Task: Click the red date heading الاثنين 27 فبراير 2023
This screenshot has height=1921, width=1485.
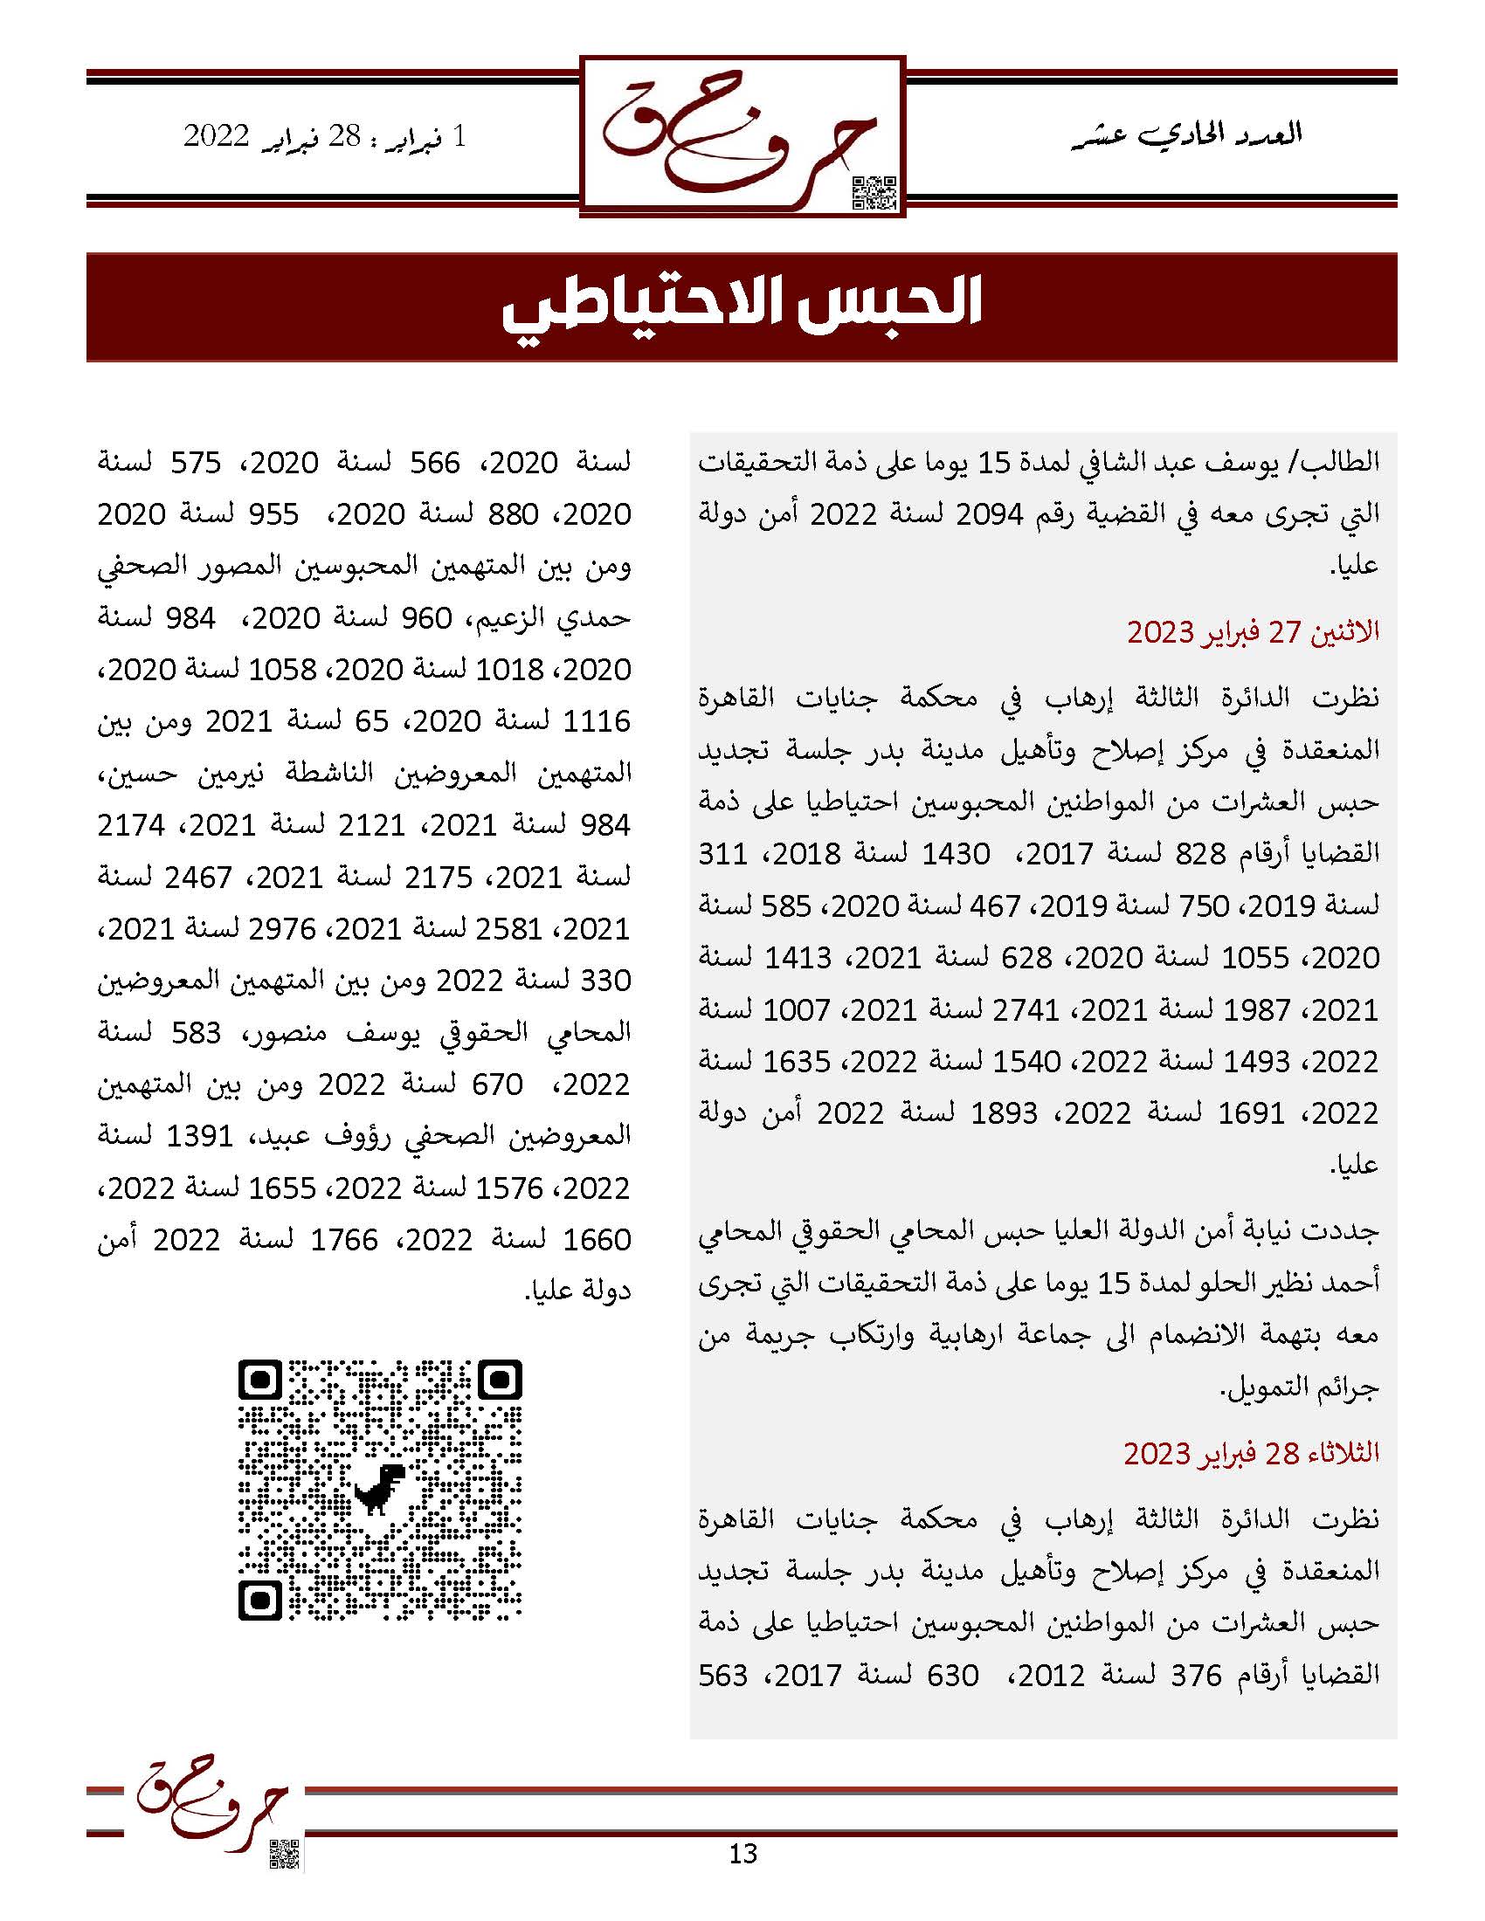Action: pyautogui.click(x=1253, y=631)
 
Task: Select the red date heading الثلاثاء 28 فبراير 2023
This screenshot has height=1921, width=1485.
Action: pyautogui.click(x=1251, y=1453)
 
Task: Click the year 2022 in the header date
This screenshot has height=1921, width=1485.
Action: pyautogui.click(x=217, y=136)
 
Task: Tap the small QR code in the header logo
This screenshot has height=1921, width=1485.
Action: pyautogui.click(x=874, y=193)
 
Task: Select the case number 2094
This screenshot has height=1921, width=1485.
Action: pyautogui.click(x=991, y=514)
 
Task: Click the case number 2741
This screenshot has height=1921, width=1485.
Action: pyautogui.click(x=1026, y=1010)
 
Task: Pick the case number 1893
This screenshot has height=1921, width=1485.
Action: pyautogui.click(x=1004, y=1114)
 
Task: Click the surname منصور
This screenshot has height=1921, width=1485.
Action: pyautogui.click(x=284, y=1033)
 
